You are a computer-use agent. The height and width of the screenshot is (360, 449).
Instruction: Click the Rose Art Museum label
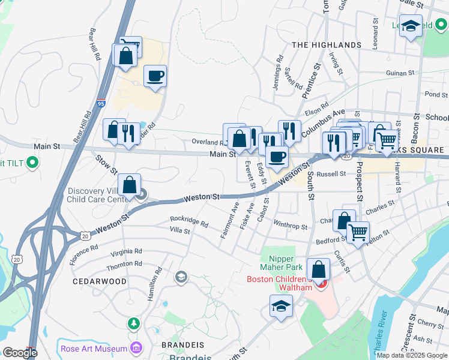pos(94,349)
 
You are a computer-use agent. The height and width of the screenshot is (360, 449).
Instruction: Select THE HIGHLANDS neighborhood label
pos(327,45)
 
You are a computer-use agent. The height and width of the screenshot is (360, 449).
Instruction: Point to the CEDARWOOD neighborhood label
pos(100,281)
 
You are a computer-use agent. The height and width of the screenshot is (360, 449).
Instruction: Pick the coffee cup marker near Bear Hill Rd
pos(155,76)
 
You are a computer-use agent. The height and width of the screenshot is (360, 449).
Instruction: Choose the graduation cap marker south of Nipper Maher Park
pos(281,306)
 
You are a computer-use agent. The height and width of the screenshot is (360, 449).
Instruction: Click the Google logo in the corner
pos(20,353)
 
